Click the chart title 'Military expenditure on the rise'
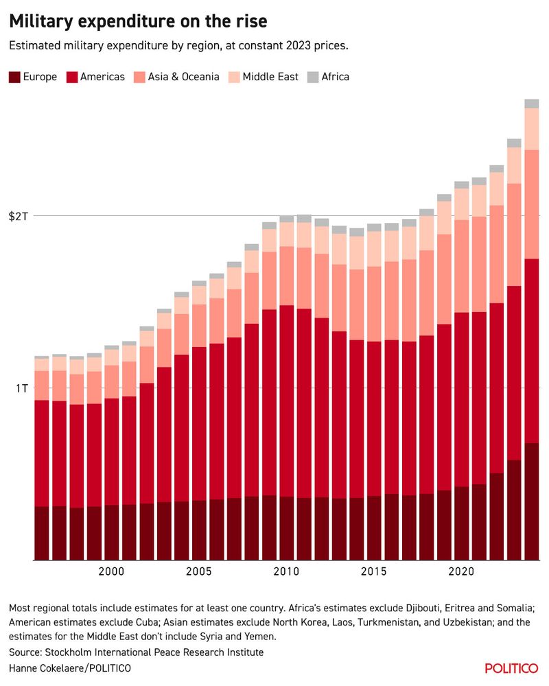[138, 22]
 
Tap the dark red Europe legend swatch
[14, 77]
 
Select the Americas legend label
[102, 77]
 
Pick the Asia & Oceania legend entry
[181, 77]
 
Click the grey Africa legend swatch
[312, 77]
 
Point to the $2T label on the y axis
[19, 216]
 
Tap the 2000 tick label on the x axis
[111, 571]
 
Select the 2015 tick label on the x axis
[374, 571]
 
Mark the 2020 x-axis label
[461, 571]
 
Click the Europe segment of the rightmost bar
[531, 501]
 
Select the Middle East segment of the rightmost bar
[531, 129]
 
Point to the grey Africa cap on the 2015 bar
[374, 228]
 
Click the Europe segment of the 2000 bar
[111, 532]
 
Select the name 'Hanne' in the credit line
[25, 668]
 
